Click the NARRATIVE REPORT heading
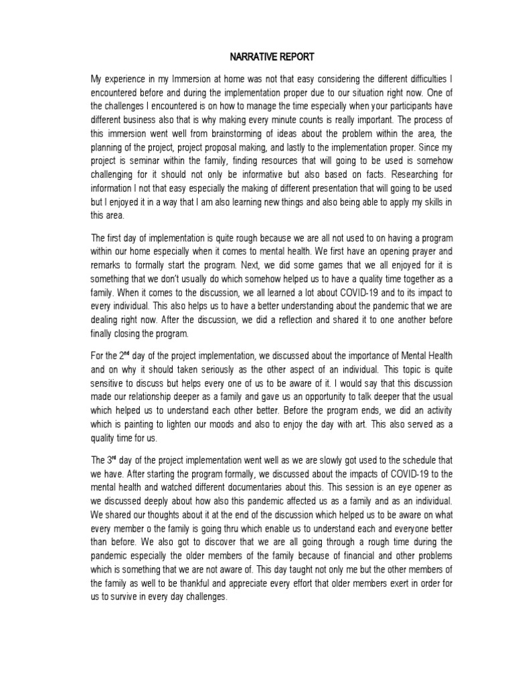[257, 58]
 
